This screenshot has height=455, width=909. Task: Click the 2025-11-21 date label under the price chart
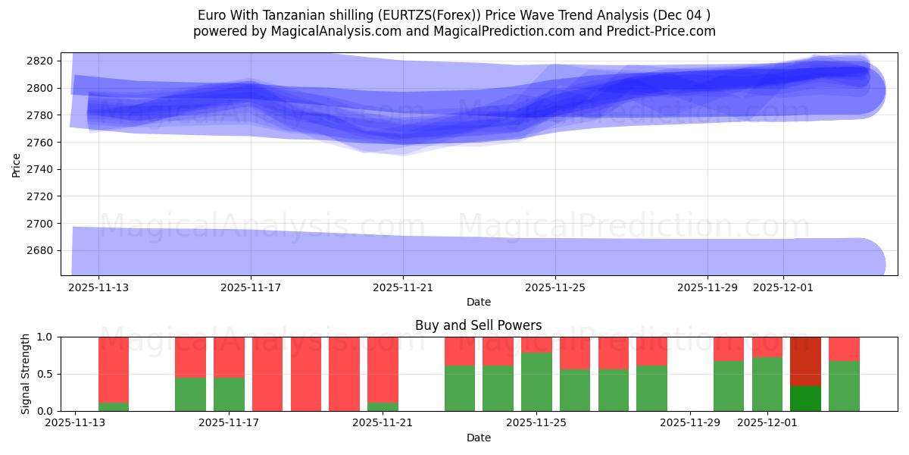pyautogui.click(x=403, y=288)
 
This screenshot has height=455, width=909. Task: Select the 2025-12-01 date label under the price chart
pyautogui.click(x=783, y=288)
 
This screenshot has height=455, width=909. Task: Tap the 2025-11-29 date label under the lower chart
pyautogui.click(x=690, y=423)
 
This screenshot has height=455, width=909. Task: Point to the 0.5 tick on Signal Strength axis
pyautogui.click(x=45, y=374)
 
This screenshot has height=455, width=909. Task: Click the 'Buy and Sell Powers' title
pyautogui.click(x=478, y=325)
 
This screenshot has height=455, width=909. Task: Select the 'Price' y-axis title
pyautogui.click(x=17, y=164)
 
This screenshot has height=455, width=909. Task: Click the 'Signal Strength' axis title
pyautogui.click(x=26, y=374)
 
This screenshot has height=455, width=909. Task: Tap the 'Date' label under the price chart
pyautogui.click(x=478, y=302)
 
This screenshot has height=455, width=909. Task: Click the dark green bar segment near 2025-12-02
pyautogui.click(x=805, y=398)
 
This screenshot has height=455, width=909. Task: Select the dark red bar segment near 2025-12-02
pyautogui.click(x=805, y=361)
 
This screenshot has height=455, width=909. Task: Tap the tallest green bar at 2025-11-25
pyautogui.click(x=536, y=381)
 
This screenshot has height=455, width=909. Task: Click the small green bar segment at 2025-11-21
pyautogui.click(x=383, y=406)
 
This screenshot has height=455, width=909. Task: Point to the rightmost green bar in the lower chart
pyautogui.click(x=844, y=386)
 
